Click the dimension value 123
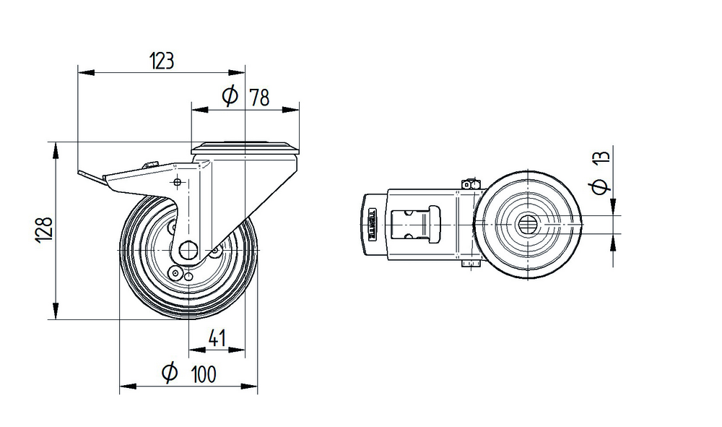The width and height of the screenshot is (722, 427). point(162,61)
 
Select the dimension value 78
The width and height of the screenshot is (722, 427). point(259,98)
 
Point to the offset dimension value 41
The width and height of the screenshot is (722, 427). point(217,338)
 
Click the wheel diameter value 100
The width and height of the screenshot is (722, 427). point(203,374)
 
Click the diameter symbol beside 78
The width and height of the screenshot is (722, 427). point(230,96)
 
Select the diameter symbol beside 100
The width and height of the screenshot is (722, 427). point(170,372)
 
